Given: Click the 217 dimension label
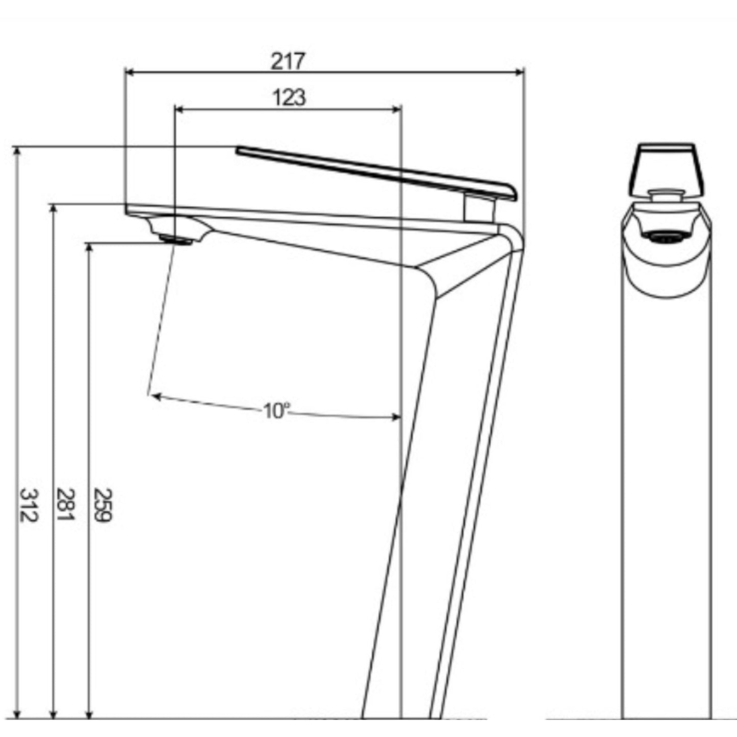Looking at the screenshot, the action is [288, 61].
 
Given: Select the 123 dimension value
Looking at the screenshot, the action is [290, 97].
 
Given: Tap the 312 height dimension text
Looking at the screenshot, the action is [28, 505].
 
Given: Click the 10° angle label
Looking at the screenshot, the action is [276, 412].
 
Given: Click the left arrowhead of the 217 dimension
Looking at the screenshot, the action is [130, 72].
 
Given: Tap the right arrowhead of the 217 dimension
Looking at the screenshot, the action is [519, 72].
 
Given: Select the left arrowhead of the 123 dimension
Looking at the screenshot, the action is [179, 109].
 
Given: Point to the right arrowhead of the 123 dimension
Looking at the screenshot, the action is [397, 109].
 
